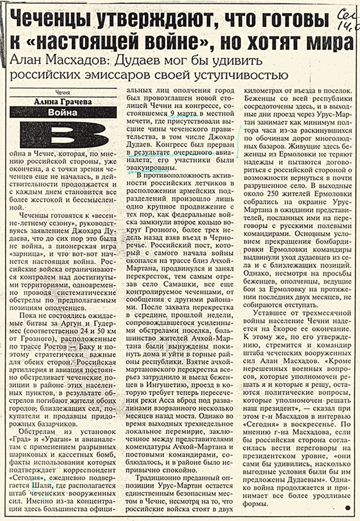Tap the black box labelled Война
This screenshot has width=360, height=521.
63,113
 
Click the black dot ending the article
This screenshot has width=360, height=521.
347,507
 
